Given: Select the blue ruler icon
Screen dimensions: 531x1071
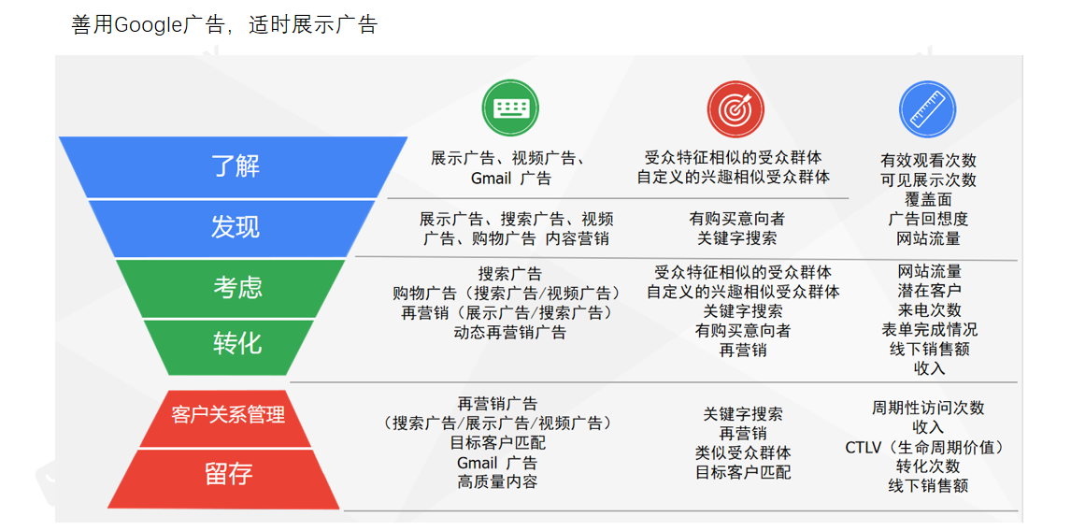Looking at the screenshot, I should pyautogui.click(x=927, y=108).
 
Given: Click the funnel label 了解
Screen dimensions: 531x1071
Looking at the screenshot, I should pyautogui.click(x=235, y=166).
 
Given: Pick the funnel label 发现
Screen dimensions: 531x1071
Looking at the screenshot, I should pyautogui.click(x=235, y=226).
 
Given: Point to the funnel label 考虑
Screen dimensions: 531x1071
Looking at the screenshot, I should pyautogui.click(x=237, y=287).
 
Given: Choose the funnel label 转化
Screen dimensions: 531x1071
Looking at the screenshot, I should pyautogui.click(x=237, y=343).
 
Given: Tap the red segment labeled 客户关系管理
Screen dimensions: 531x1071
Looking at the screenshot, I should pyautogui.click(x=228, y=414).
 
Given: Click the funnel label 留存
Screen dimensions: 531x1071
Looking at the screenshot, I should pyautogui.click(x=228, y=473).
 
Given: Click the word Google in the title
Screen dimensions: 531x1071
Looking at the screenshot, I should pyautogui.click(x=147, y=25).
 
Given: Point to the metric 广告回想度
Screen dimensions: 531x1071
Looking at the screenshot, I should pyautogui.click(x=927, y=219).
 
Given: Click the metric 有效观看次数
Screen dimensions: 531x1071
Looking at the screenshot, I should pyautogui.click(x=927, y=161).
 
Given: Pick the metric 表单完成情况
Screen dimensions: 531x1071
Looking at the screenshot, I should pyautogui.click(x=929, y=329).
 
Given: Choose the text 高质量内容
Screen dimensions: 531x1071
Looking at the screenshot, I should pyautogui.click(x=497, y=482).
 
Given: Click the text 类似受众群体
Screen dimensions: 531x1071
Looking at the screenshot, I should pyautogui.click(x=742, y=452).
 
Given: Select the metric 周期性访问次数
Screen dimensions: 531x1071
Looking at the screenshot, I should pyautogui.click(x=927, y=408).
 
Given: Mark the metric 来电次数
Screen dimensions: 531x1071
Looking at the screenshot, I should pyautogui.click(x=929, y=309).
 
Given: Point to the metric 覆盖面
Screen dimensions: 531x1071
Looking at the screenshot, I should pyautogui.click(x=927, y=199).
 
